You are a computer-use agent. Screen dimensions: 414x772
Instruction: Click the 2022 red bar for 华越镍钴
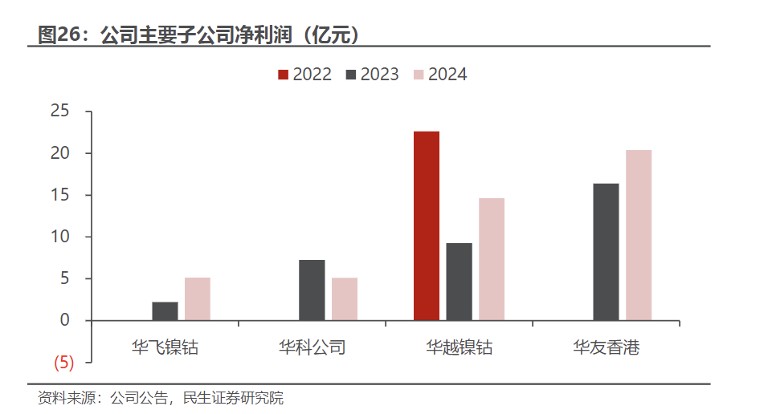(427, 225)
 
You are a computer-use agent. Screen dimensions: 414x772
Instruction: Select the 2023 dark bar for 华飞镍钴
(165, 311)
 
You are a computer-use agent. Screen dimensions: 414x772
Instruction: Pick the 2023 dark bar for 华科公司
(312, 290)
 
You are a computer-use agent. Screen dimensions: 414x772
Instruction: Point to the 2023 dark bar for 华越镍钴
(459, 282)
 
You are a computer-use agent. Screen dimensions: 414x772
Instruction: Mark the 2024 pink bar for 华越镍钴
(492, 259)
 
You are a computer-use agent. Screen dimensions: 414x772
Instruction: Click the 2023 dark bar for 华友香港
(606, 252)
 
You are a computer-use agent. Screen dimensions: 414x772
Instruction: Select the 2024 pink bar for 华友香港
(639, 235)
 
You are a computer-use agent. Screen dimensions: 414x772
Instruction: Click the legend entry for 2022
(304, 75)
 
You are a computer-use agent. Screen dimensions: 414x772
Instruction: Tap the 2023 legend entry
(372, 75)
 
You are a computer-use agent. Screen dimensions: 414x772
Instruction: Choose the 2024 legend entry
(439, 75)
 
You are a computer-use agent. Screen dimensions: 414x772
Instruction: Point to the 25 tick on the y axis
(61, 112)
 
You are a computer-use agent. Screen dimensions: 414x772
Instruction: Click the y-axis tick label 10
(61, 237)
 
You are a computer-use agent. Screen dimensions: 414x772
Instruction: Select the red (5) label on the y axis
(63, 363)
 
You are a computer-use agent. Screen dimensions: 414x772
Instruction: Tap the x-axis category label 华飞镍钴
(165, 347)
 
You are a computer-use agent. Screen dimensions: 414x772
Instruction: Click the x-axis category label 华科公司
(312, 347)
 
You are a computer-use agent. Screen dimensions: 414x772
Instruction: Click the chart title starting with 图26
(198, 34)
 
